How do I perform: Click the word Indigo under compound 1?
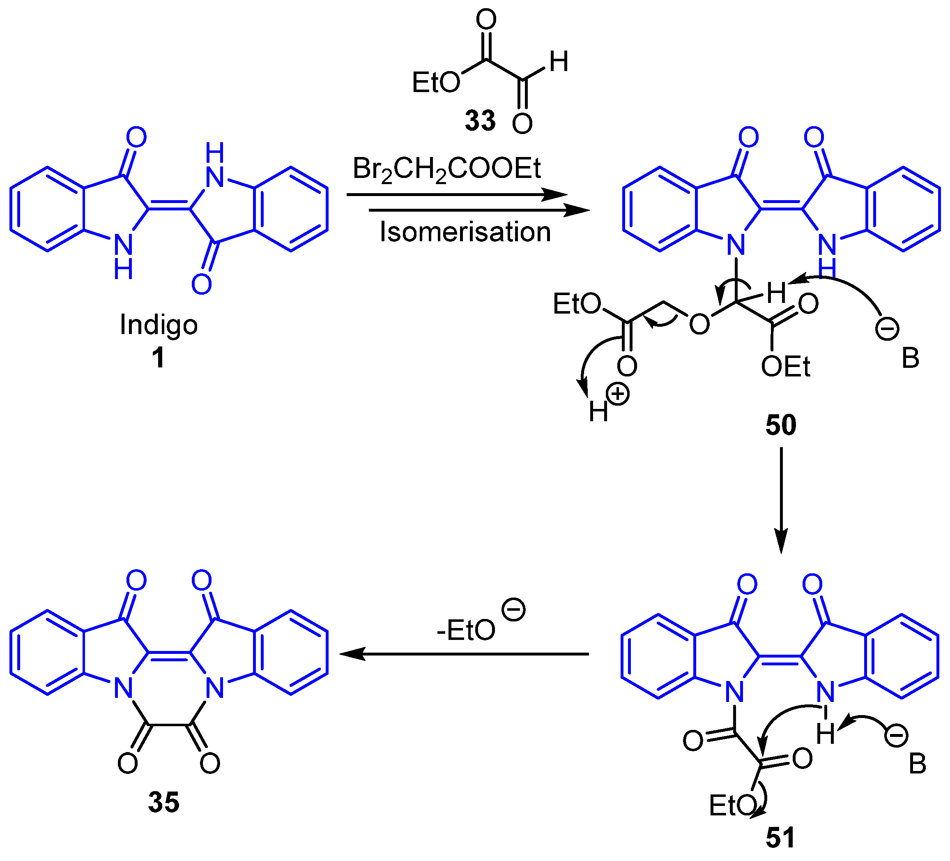coord(159,325)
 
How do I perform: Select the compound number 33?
coord(480,120)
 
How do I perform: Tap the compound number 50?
coord(781,425)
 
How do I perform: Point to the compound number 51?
coord(780,838)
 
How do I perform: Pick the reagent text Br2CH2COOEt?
coord(447,169)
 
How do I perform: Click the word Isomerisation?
coord(465,232)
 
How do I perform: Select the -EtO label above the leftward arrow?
coord(466,630)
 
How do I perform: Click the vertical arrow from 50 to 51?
coord(781,500)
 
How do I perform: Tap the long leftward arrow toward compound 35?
coord(464,654)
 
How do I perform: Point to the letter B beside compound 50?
coord(911,359)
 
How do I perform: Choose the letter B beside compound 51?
coord(917,764)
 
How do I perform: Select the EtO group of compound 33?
coord(436,83)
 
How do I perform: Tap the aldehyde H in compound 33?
coord(559,62)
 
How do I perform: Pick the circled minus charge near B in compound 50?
coord(887,329)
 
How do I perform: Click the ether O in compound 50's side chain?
coord(699,324)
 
